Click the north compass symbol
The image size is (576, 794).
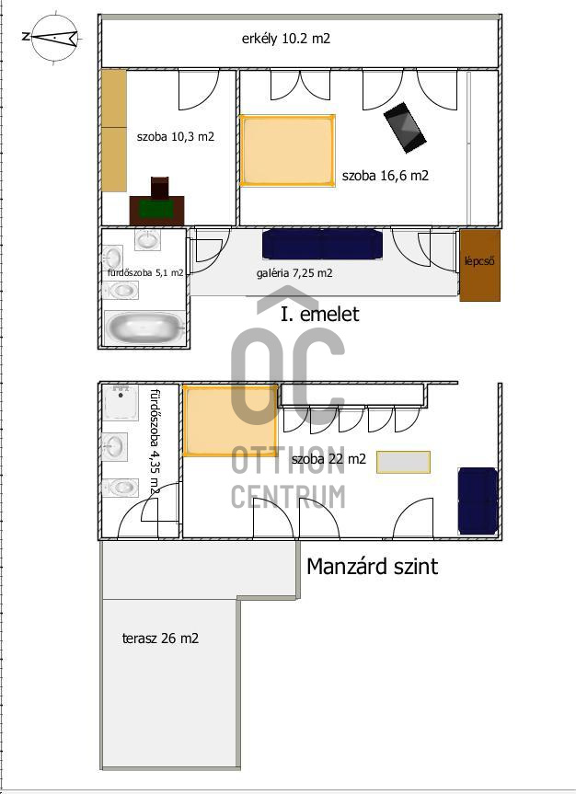53,37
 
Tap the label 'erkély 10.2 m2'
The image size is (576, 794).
286,39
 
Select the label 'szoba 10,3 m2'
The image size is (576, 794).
175,136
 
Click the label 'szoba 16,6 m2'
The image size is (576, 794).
385,176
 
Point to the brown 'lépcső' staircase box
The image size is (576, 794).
479,265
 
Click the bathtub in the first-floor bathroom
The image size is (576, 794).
144,328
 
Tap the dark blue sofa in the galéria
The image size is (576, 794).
322,244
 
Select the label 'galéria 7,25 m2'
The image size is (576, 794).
294,273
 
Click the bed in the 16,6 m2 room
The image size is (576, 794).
287,151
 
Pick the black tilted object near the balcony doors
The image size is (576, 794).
405,127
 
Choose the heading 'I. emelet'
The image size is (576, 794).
319,314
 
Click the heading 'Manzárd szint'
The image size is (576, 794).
373,566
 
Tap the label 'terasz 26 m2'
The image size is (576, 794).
160,638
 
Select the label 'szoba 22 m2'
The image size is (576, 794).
328,459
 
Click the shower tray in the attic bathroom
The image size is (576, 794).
121,402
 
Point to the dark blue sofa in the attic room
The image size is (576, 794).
478,501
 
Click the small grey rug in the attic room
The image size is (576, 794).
403,462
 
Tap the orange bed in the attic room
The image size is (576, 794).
231,420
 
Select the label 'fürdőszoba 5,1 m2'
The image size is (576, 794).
145,272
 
